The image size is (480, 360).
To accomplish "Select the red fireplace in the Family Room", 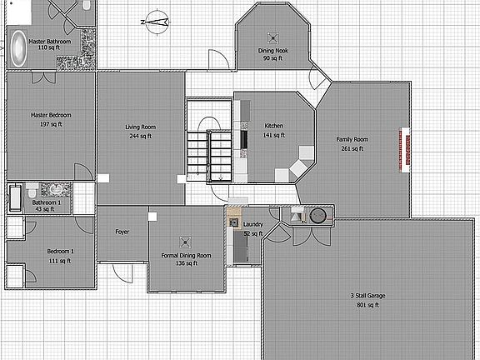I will (404, 150).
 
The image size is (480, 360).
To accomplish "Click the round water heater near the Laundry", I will (317, 216).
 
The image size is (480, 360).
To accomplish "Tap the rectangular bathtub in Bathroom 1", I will (17, 197).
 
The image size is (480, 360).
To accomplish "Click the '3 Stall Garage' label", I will (367, 295).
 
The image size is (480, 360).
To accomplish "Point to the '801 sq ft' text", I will (367, 305).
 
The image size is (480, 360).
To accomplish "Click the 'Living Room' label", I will (141, 127).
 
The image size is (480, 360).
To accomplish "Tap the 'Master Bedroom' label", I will (50, 114).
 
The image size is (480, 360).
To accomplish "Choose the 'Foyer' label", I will (122, 231).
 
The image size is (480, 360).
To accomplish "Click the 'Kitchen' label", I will (273, 126).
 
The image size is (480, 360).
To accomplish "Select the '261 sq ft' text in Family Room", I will (352, 148).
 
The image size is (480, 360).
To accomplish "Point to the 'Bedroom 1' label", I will (60, 251).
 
